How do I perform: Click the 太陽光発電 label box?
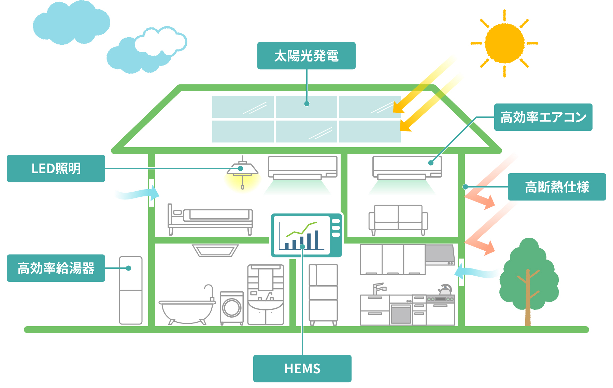click(306, 56)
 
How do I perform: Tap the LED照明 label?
click(56, 168)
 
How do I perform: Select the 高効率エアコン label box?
click(543, 117)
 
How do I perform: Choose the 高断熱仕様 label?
click(557, 187)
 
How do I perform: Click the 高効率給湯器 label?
click(56, 268)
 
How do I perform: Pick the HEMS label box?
click(302, 369)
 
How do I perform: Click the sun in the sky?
click(504, 43)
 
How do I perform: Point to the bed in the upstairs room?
click(210, 219)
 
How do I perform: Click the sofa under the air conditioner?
click(398, 219)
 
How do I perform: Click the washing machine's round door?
click(232, 307)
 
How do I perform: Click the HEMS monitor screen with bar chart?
click(301, 235)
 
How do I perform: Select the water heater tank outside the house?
click(131, 290)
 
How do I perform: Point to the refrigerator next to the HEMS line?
click(323, 293)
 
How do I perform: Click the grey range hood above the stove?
click(440, 254)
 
